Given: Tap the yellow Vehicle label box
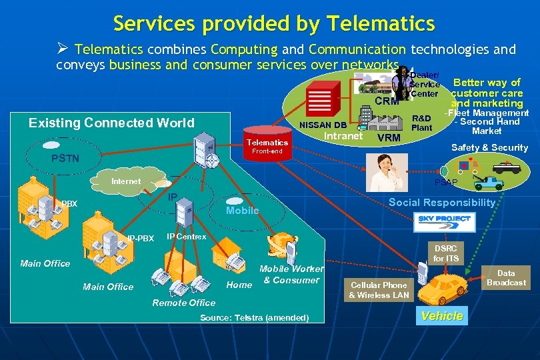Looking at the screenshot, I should (x=442, y=316).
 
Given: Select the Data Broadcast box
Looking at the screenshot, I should (x=506, y=278).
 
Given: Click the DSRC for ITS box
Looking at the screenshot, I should (x=446, y=253).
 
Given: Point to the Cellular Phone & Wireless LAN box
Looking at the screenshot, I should (x=379, y=290).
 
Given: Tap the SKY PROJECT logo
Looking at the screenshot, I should (x=444, y=219).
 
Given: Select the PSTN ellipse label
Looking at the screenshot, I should (x=65, y=159).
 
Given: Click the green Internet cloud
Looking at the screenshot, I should (x=126, y=181).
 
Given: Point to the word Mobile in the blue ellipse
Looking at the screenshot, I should (x=243, y=211).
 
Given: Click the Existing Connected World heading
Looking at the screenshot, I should (x=111, y=123).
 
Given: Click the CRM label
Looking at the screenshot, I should (x=387, y=101).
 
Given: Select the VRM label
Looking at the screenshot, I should (x=389, y=138).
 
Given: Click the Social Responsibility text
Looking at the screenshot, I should (x=442, y=202).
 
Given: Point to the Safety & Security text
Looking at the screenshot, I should (x=489, y=147).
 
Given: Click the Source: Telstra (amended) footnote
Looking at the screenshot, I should (x=254, y=317).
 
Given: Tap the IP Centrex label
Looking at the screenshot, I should (x=186, y=236).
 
